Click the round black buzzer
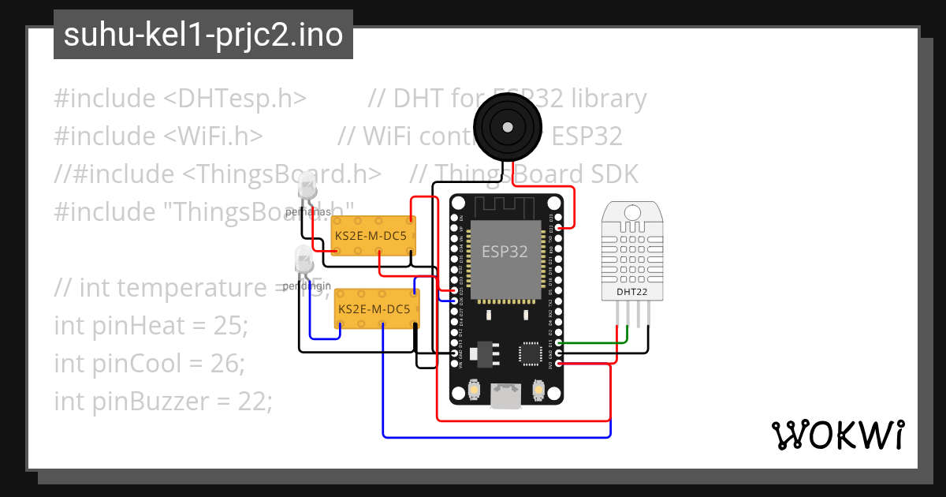point(508,127)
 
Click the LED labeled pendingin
point(303,258)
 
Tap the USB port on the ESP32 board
point(505,395)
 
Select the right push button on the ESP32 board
point(538,389)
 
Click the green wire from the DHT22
point(599,342)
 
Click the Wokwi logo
point(837,435)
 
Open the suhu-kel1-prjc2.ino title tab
point(203,35)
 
